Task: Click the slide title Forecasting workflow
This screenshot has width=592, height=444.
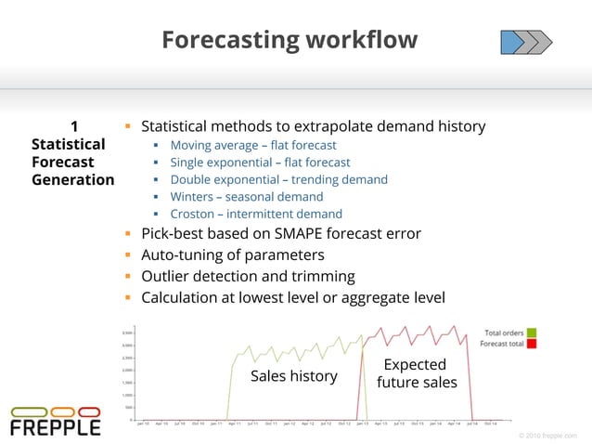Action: point(289,40)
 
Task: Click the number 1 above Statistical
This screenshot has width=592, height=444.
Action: point(74,126)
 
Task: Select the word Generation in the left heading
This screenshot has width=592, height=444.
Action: point(72,180)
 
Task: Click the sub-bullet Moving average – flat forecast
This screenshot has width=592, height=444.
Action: point(252,145)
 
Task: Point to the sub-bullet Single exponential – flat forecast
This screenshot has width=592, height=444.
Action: point(260,163)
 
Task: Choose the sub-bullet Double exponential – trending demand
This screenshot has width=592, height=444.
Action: point(278,179)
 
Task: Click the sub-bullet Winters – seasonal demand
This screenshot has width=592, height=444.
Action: point(246,197)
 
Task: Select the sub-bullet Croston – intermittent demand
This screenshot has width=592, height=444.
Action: point(255,215)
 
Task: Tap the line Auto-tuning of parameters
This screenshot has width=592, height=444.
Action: point(232,255)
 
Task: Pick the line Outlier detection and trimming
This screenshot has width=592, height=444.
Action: point(248,276)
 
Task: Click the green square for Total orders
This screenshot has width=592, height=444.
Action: point(532,333)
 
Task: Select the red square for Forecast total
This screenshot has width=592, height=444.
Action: point(532,344)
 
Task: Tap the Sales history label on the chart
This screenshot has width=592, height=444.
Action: point(294,376)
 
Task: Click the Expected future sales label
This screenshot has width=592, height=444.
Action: point(416,373)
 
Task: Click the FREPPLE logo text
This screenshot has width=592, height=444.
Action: point(55,428)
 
